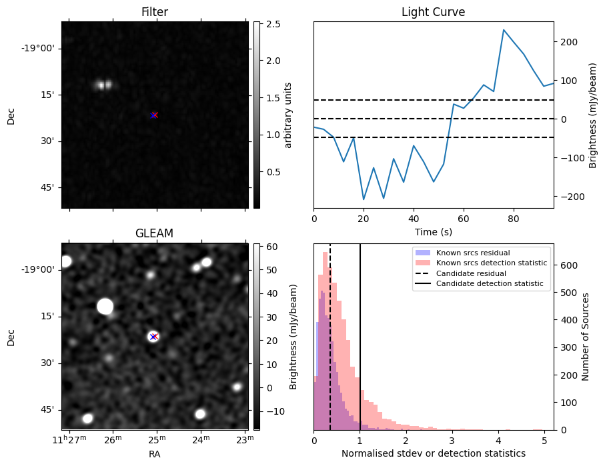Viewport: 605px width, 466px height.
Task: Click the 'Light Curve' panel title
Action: (433, 13)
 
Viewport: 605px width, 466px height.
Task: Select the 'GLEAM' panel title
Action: (154, 233)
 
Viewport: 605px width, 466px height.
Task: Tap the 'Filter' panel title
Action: (154, 13)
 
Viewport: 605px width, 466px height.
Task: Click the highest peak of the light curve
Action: (504, 30)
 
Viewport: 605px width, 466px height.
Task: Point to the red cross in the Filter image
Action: (154, 115)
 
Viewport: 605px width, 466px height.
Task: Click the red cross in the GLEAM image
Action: (153, 337)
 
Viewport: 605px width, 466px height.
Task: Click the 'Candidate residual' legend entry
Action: (470, 274)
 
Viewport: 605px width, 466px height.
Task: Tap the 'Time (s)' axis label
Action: (433, 232)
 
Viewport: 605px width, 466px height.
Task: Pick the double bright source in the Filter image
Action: (103, 85)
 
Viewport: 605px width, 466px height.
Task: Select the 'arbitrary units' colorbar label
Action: (288, 115)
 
